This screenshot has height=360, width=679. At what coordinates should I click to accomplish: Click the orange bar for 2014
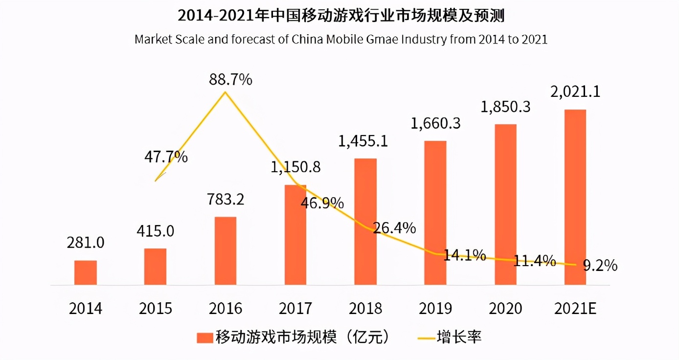86,272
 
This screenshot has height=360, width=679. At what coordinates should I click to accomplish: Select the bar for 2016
226,250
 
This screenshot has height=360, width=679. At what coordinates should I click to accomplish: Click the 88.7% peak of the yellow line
225,91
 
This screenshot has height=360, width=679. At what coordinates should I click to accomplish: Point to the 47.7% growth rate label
166,157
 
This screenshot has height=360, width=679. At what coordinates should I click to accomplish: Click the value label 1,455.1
363,141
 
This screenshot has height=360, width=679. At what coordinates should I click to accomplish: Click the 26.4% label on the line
394,227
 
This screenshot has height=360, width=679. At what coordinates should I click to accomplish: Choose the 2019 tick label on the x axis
435,309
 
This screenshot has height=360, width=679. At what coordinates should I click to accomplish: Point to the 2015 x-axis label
156,309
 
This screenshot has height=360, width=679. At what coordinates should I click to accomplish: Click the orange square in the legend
204,337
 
